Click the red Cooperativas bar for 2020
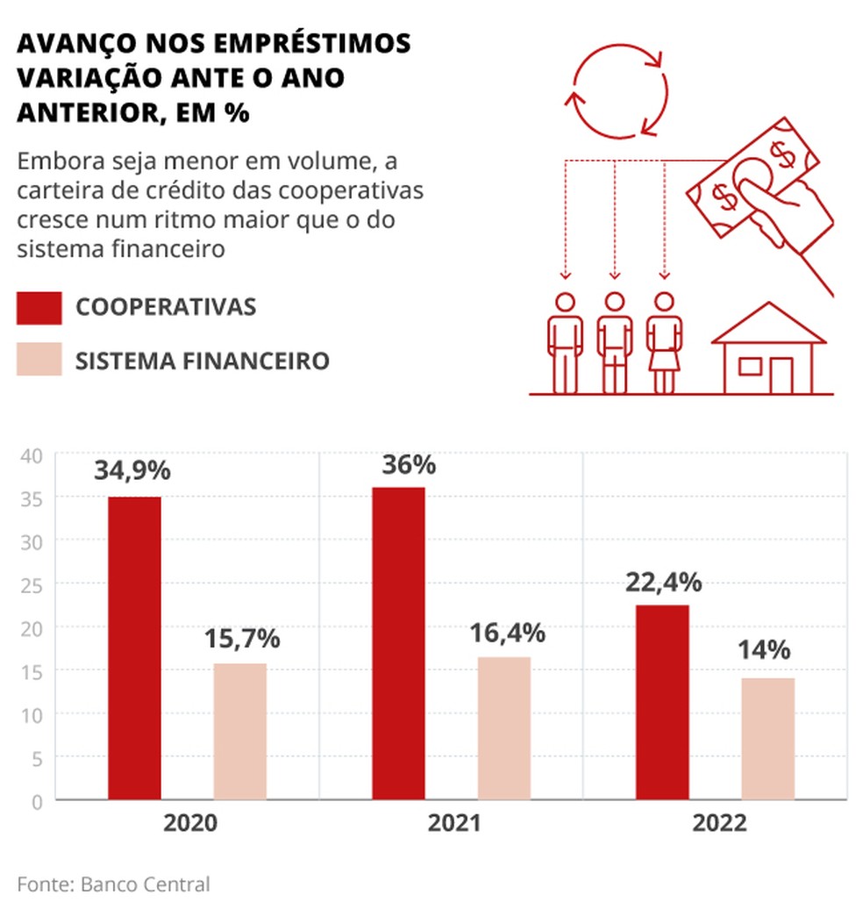134,648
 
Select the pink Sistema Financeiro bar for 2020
240,732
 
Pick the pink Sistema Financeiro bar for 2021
504,728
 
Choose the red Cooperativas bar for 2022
662,702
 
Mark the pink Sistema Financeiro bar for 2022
768,739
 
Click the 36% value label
409,465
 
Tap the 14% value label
764,650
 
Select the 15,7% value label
242,638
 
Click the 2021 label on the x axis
454,824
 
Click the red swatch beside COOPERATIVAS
39,307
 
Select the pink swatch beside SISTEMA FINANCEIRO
39,360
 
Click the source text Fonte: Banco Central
114,883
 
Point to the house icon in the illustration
768,350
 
